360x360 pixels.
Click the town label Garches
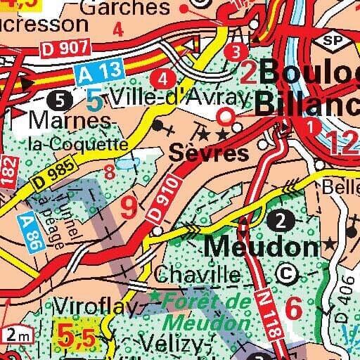126,8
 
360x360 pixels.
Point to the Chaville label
197,274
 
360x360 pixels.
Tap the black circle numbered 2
283,220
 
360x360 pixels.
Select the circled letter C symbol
286,271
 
